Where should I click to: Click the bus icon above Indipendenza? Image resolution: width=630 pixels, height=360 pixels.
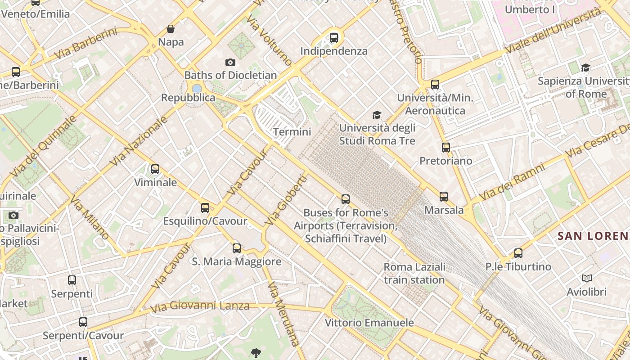333,38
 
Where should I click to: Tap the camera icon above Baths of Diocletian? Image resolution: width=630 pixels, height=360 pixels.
230,62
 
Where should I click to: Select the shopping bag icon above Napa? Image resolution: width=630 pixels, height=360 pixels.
171,29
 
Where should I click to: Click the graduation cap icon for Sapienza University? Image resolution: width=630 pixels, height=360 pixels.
585,68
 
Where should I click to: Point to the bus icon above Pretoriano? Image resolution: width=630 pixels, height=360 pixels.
445,148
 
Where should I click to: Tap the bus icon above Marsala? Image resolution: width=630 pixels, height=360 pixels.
444,197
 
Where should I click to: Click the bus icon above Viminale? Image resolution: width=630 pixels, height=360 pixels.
155,169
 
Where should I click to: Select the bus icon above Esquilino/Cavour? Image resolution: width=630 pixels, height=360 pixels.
205,208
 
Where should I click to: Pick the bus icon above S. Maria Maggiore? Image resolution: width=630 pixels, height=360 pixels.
237,248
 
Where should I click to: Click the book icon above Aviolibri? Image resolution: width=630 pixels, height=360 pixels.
586,278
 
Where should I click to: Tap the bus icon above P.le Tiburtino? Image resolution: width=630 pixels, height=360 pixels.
518,253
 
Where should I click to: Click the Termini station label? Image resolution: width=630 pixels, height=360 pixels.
292,132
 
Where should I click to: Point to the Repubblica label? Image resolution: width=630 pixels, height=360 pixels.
188,98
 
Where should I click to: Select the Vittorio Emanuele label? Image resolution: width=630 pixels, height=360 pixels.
369,323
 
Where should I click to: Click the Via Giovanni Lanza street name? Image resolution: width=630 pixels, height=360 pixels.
200,306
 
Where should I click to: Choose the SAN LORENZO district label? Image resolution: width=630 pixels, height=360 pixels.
593,236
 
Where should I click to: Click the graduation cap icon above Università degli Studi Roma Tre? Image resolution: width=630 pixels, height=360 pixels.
377,115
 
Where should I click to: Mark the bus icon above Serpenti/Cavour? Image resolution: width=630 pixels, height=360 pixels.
83,322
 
